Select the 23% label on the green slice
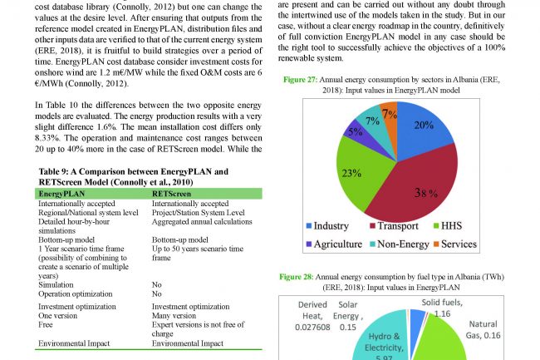(351, 173)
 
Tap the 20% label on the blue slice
(424, 126)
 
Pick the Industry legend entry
(328, 225)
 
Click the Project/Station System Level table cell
(198, 212)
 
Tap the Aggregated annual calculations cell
(203, 222)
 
